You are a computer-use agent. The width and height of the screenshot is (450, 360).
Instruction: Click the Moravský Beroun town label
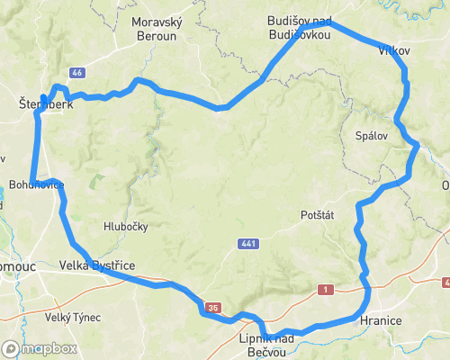[x=157, y=28]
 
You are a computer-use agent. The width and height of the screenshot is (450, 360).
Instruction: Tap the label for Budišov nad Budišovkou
[x=299, y=27]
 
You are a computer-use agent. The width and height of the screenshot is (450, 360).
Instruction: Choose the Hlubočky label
[x=125, y=227]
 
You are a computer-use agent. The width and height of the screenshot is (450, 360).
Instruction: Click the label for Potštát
[x=318, y=217]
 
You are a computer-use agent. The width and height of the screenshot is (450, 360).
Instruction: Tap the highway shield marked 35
[x=212, y=308]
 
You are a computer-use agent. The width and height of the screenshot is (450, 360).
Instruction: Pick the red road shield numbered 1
[x=324, y=289]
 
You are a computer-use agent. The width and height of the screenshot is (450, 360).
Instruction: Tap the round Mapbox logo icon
[x=11, y=348]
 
